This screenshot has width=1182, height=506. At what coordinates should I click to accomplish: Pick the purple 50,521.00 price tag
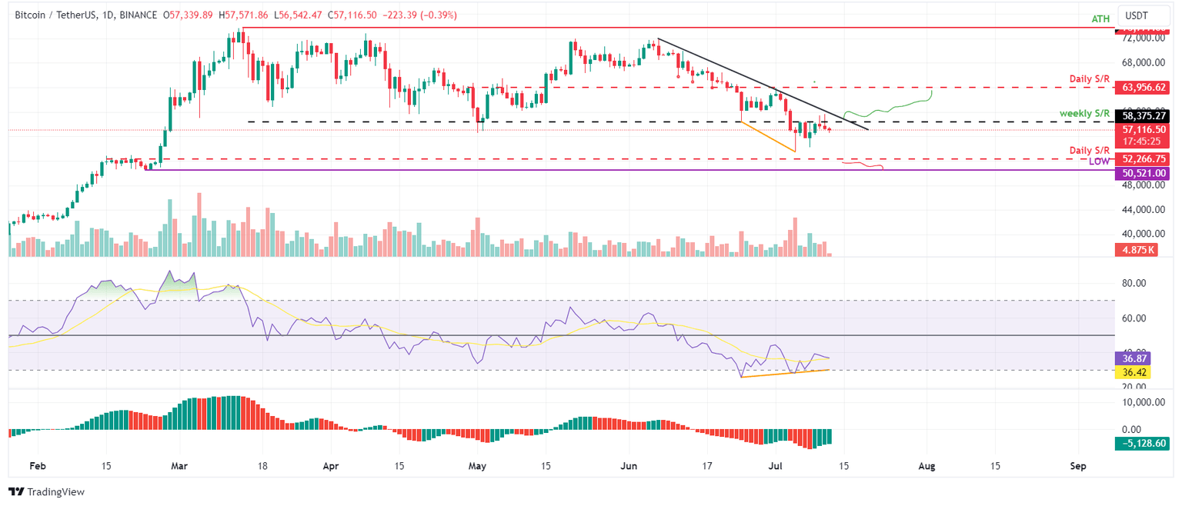point(1141,174)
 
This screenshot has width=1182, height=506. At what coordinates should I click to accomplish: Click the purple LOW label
point(1099,162)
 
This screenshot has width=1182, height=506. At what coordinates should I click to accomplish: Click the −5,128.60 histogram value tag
point(1140,444)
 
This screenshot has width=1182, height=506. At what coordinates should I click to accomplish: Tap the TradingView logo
point(47,492)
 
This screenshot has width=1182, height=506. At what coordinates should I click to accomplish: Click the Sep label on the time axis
point(1077,466)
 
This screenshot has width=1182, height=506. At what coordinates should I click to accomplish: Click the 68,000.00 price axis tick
point(1142,62)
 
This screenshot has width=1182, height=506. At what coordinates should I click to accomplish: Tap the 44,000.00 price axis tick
point(1142,209)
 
